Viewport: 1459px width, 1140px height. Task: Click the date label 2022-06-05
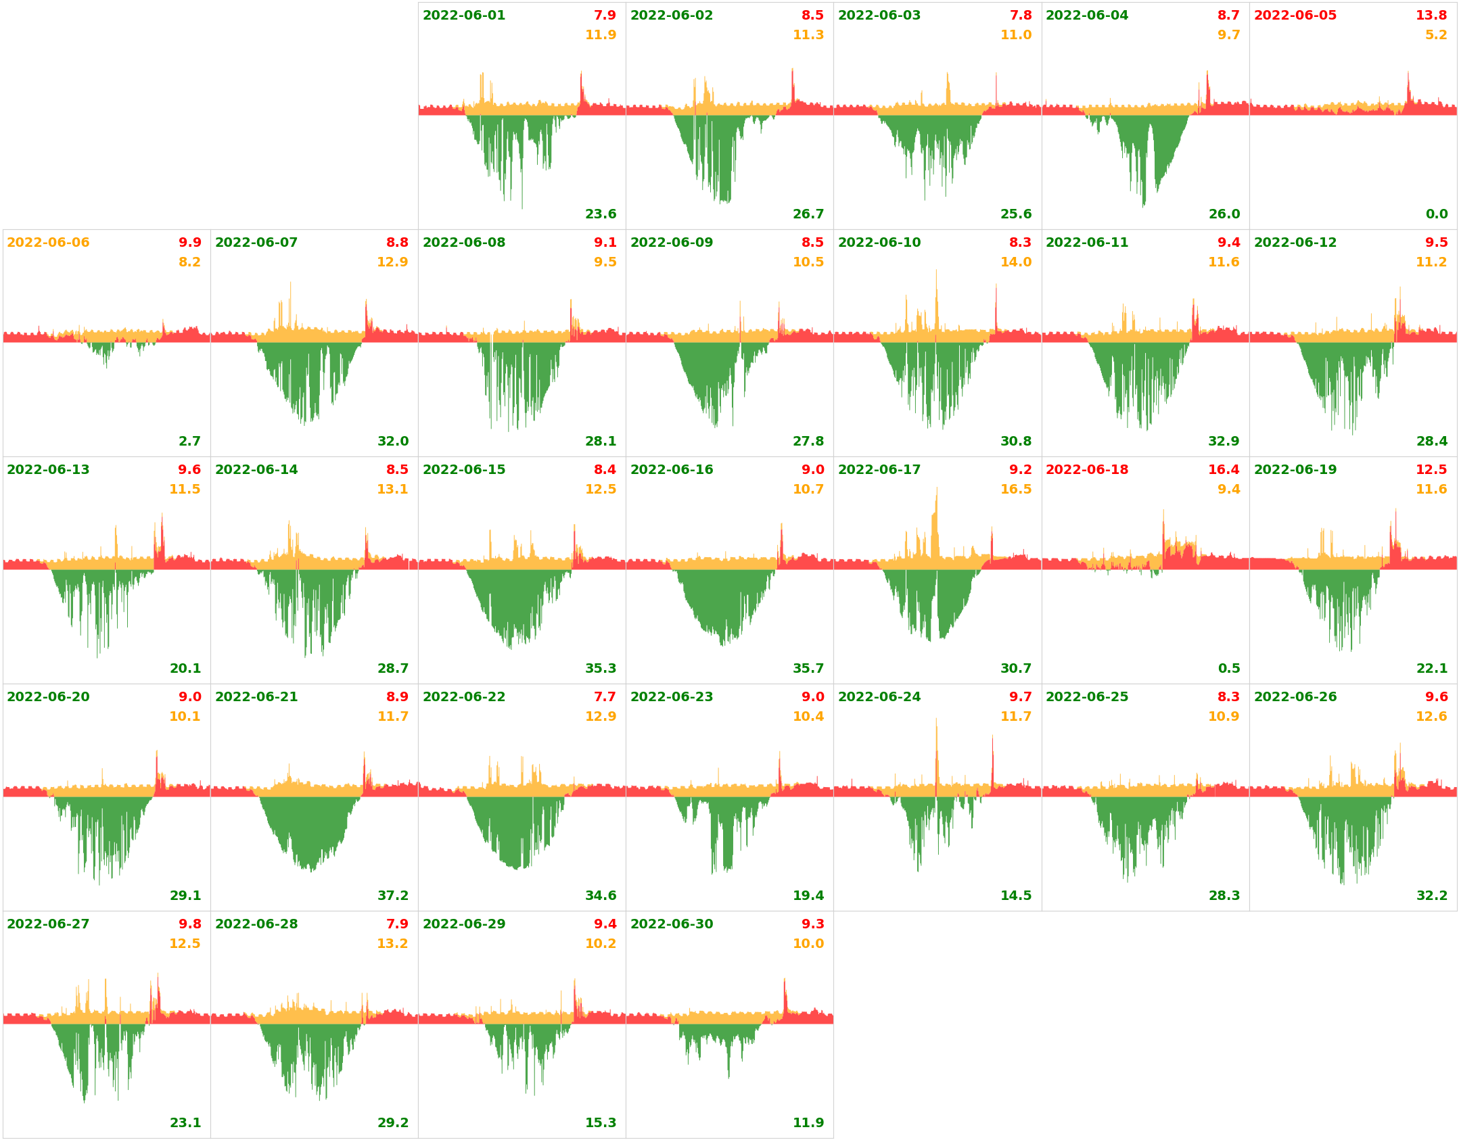[1295, 16]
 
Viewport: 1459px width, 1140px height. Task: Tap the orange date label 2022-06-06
[48, 243]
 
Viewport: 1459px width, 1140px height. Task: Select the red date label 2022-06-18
[1086, 470]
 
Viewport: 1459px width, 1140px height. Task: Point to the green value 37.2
[393, 896]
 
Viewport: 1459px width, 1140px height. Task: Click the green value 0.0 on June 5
[1436, 214]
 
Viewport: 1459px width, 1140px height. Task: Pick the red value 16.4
[1224, 470]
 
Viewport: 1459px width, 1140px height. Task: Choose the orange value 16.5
[1016, 490]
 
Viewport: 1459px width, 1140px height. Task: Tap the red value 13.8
[1431, 16]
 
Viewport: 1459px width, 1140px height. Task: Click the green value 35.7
[808, 669]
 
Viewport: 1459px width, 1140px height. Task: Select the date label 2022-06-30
[672, 924]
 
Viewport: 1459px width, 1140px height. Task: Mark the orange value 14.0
[1016, 262]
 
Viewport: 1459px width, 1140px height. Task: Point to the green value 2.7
[189, 442]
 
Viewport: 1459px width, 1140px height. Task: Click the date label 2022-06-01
[464, 16]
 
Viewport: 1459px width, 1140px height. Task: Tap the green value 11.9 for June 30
[808, 1123]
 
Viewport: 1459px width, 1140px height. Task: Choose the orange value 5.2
[1436, 35]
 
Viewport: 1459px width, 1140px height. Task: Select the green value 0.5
[1229, 669]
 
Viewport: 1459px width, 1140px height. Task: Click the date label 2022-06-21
[256, 697]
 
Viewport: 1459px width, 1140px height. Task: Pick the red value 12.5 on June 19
[1431, 470]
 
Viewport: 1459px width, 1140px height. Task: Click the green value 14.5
[1016, 896]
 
